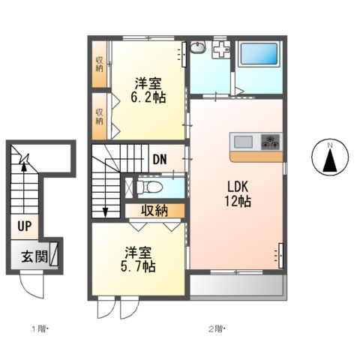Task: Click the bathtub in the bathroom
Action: coord(259,54)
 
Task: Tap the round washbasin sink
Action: coord(198,47)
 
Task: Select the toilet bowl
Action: coord(149,187)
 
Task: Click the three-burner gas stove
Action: coord(270,142)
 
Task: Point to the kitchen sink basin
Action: coord(243,142)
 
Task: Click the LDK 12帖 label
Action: coord(238,193)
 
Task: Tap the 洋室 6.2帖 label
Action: coord(148,90)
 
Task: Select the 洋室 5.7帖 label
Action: coord(138,259)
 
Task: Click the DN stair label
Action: coord(160,159)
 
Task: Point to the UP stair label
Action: coord(25,226)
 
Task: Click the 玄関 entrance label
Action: coord(34,256)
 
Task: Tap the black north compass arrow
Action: coord(330,160)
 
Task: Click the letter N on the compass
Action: coord(330,145)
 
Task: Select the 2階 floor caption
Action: coord(217,329)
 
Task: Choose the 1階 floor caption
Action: coord(39,329)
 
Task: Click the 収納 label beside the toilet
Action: coord(154,211)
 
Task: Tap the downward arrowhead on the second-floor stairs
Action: coord(105,212)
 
